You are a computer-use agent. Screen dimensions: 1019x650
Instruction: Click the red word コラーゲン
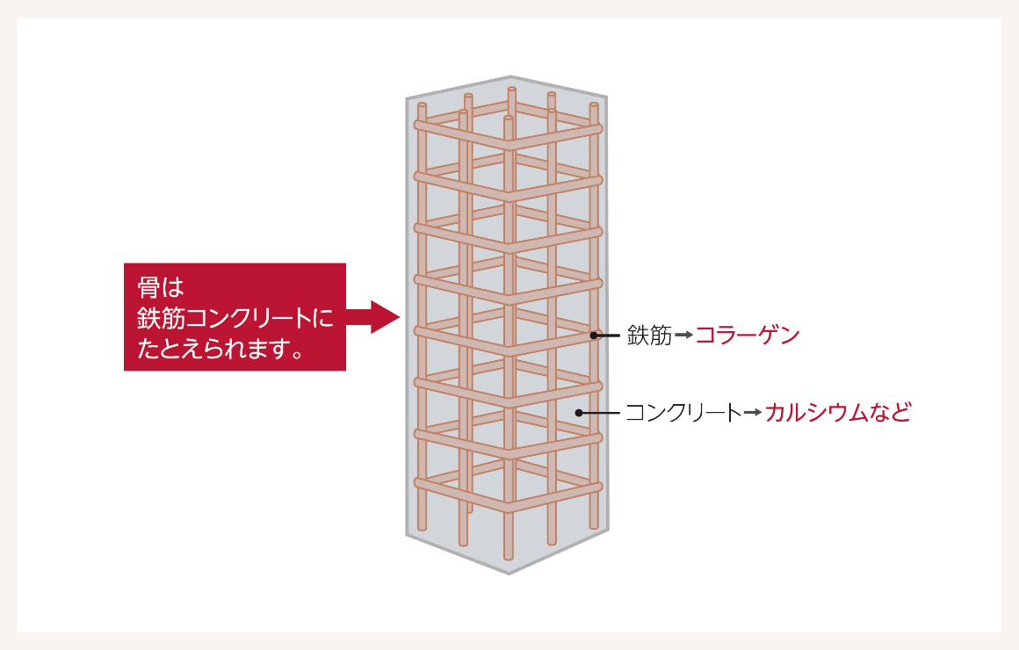(x=748, y=336)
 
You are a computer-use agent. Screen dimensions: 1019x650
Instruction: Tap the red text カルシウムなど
(x=838, y=413)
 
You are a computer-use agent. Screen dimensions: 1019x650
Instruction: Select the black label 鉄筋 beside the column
(x=649, y=336)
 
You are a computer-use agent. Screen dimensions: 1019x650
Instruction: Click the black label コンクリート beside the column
(x=683, y=413)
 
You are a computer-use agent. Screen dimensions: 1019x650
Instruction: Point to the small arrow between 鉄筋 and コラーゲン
(x=683, y=336)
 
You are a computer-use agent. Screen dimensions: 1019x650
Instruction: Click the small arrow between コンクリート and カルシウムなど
(x=753, y=413)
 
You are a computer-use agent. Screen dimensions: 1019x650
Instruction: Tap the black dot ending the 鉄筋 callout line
(x=594, y=336)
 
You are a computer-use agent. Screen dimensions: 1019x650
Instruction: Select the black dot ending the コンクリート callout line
(x=578, y=413)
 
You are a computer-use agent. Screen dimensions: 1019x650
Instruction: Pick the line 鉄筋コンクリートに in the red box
(x=235, y=318)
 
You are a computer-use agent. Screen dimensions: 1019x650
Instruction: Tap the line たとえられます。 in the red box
(x=221, y=349)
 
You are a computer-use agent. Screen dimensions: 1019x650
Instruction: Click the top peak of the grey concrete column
(x=510, y=76)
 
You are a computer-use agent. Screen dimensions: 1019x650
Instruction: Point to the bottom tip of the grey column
(x=509, y=574)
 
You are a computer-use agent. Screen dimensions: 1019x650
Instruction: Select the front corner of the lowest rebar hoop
(x=509, y=506)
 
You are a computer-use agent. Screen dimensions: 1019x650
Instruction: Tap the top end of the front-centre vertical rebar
(x=509, y=119)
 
